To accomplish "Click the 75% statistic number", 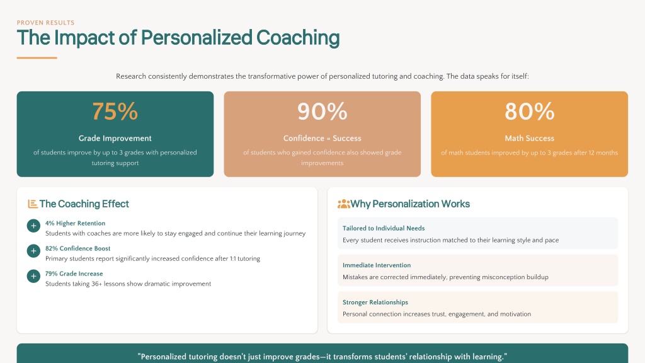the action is pyautogui.click(x=115, y=112).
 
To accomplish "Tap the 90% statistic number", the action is pyautogui.click(x=322, y=112).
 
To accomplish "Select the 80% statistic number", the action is pyautogui.click(x=529, y=112).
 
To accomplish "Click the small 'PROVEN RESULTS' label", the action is pyautogui.click(x=45, y=23).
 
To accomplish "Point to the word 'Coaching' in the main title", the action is pyautogui.click(x=298, y=38).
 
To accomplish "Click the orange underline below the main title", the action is pyautogui.click(x=37, y=57).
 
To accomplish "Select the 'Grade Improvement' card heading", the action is pyautogui.click(x=115, y=138).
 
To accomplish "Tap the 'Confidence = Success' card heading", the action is pyautogui.click(x=322, y=138).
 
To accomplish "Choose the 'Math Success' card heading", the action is pyautogui.click(x=529, y=138).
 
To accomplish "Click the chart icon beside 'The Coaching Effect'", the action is pyautogui.click(x=33, y=204).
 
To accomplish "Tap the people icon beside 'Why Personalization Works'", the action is pyautogui.click(x=343, y=204).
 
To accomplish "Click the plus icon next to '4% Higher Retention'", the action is pyautogui.click(x=33, y=226).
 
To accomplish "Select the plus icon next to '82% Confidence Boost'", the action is pyautogui.click(x=33, y=251).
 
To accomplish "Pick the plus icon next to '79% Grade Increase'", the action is pyautogui.click(x=33, y=276).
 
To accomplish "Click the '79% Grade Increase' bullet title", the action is pyautogui.click(x=74, y=274).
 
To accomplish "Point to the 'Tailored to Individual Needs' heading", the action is pyautogui.click(x=384, y=228).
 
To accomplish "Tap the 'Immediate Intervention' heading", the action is pyautogui.click(x=377, y=265).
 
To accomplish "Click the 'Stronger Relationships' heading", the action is pyautogui.click(x=375, y=302).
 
